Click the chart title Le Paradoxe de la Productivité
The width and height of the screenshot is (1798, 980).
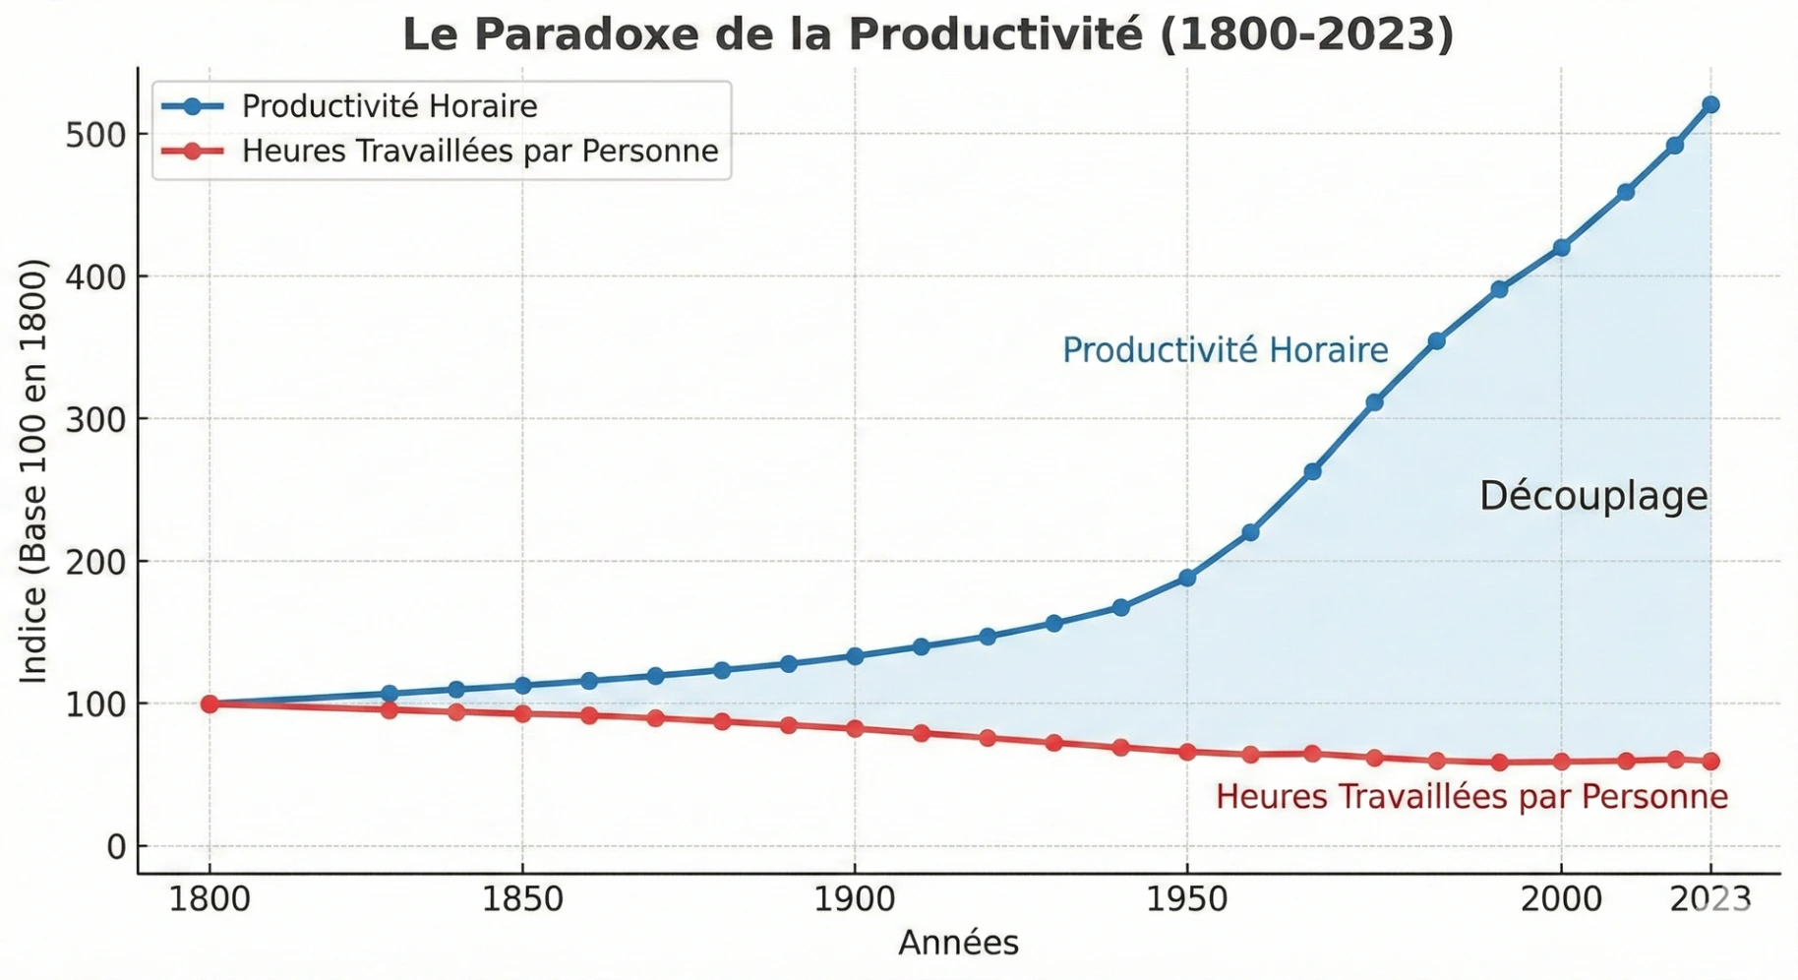click(x=928, y=34)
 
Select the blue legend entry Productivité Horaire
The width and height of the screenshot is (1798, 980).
click(x=389, y=106)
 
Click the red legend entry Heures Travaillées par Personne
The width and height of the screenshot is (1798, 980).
click(x=479, y=152)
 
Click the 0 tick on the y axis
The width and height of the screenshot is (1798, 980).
click(x=116, y=847)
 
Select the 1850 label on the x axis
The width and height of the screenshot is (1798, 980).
click(x=521, y=899)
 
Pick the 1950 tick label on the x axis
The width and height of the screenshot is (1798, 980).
click(x=1186, y=899)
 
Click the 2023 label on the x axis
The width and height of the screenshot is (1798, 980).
click(x=1710, y=899)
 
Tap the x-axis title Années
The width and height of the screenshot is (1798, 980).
click(x=958, y=943)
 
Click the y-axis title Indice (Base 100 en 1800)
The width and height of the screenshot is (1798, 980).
click(x=34, y=471)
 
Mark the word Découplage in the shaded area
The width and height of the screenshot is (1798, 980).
click(x=1593, y=496)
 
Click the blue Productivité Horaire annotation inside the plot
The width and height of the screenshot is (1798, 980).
click(x=1225, y=350)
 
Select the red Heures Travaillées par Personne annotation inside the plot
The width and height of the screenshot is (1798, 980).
click(x=1471, y=796)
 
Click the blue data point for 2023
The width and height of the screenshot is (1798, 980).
click(x=1710, y=105)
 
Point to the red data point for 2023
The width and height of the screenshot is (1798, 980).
click(x=1710, y=762)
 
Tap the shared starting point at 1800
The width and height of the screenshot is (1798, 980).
click(x=210, y=704)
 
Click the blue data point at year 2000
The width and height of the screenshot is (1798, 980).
click(x=1561, y=248)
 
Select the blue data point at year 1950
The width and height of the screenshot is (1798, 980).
click(x=1187, y=578)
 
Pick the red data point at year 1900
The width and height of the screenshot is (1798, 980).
click(x=855, y=729)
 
